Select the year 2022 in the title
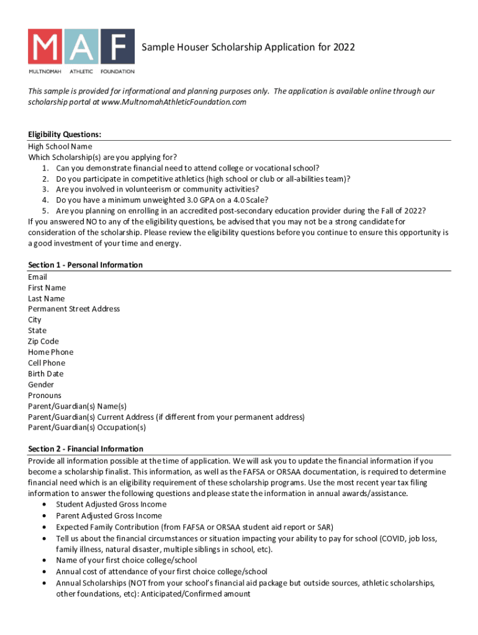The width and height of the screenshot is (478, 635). [x=344, y=47]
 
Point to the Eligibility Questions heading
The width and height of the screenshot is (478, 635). [x=65, y=135]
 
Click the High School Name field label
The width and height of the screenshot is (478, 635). [x=60, y=146]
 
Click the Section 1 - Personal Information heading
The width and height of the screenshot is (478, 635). [x=85, y=265]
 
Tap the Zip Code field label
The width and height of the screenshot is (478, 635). [x=43, y=341]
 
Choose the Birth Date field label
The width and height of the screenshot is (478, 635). [x=45, y=373]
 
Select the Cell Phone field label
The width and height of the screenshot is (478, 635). [x=46, y=363]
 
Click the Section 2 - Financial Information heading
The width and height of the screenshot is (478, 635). [x=86, y=448]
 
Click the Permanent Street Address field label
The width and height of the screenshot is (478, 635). [x=74, y=309]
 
